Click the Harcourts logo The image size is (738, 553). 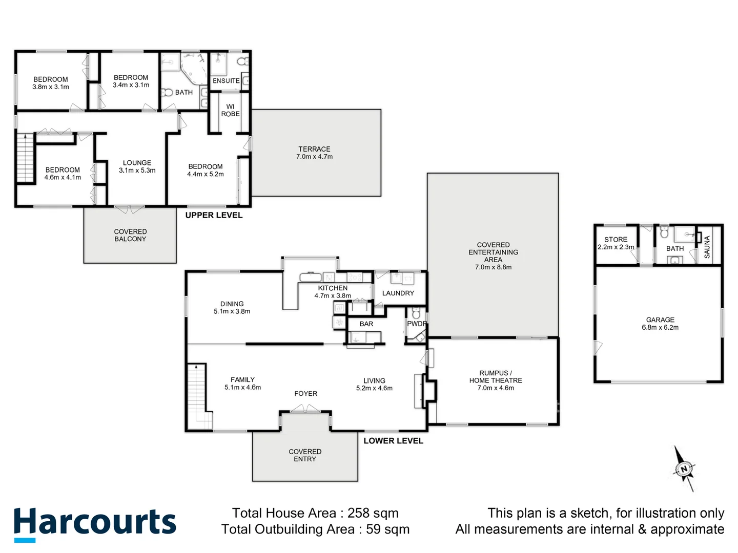tap(95, 523)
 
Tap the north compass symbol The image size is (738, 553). tap(684, 469)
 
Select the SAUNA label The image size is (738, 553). tap(707, 247)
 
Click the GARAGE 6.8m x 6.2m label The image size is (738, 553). tap(660, 324)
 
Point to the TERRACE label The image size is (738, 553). tap(314, 153)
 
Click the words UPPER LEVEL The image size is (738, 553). tap(214, 215)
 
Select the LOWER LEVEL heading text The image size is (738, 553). tap(393, 441)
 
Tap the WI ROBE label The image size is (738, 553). tap(230, 111)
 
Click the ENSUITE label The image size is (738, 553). tap(226, 81)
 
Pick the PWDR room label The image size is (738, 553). tap(417, 324)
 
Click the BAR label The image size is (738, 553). tap(366, 324)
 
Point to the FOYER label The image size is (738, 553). tap(305, 394)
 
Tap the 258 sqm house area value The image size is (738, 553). tap(373, 513)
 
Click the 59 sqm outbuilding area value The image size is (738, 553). tap(387, 529)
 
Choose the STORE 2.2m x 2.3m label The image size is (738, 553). tap(616, 243)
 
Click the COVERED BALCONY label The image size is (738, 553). tap(130, 236)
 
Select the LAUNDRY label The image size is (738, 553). tap(398, 293)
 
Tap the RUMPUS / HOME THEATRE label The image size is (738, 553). tap(495, 380)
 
